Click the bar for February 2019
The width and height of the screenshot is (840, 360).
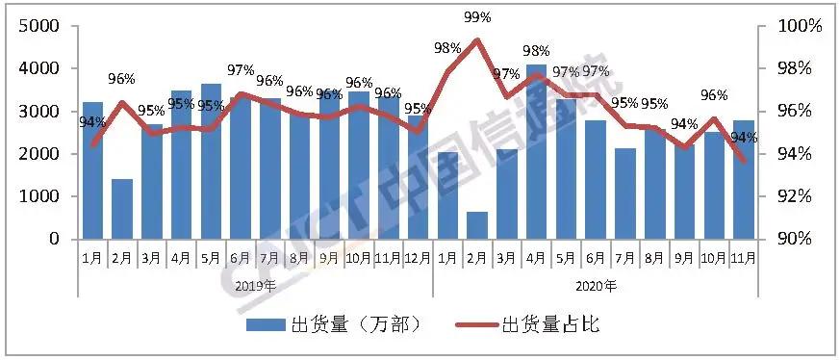[122, 209]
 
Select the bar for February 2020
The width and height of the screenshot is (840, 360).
[477, 225]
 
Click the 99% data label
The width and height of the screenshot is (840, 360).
[477, 17]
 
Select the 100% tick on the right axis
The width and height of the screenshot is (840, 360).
[801, 27]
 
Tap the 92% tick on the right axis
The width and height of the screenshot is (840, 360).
[801, 196]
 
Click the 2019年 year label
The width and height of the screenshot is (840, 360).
[255, 285]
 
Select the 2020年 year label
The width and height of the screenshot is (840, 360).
[597, 285]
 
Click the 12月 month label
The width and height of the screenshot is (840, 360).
[419, 258]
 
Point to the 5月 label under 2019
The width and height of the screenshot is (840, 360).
[211, 258]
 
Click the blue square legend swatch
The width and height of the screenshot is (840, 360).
[266, 324]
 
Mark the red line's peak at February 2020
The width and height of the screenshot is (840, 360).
[477, 40]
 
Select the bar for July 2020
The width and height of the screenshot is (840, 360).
[625, 193]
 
